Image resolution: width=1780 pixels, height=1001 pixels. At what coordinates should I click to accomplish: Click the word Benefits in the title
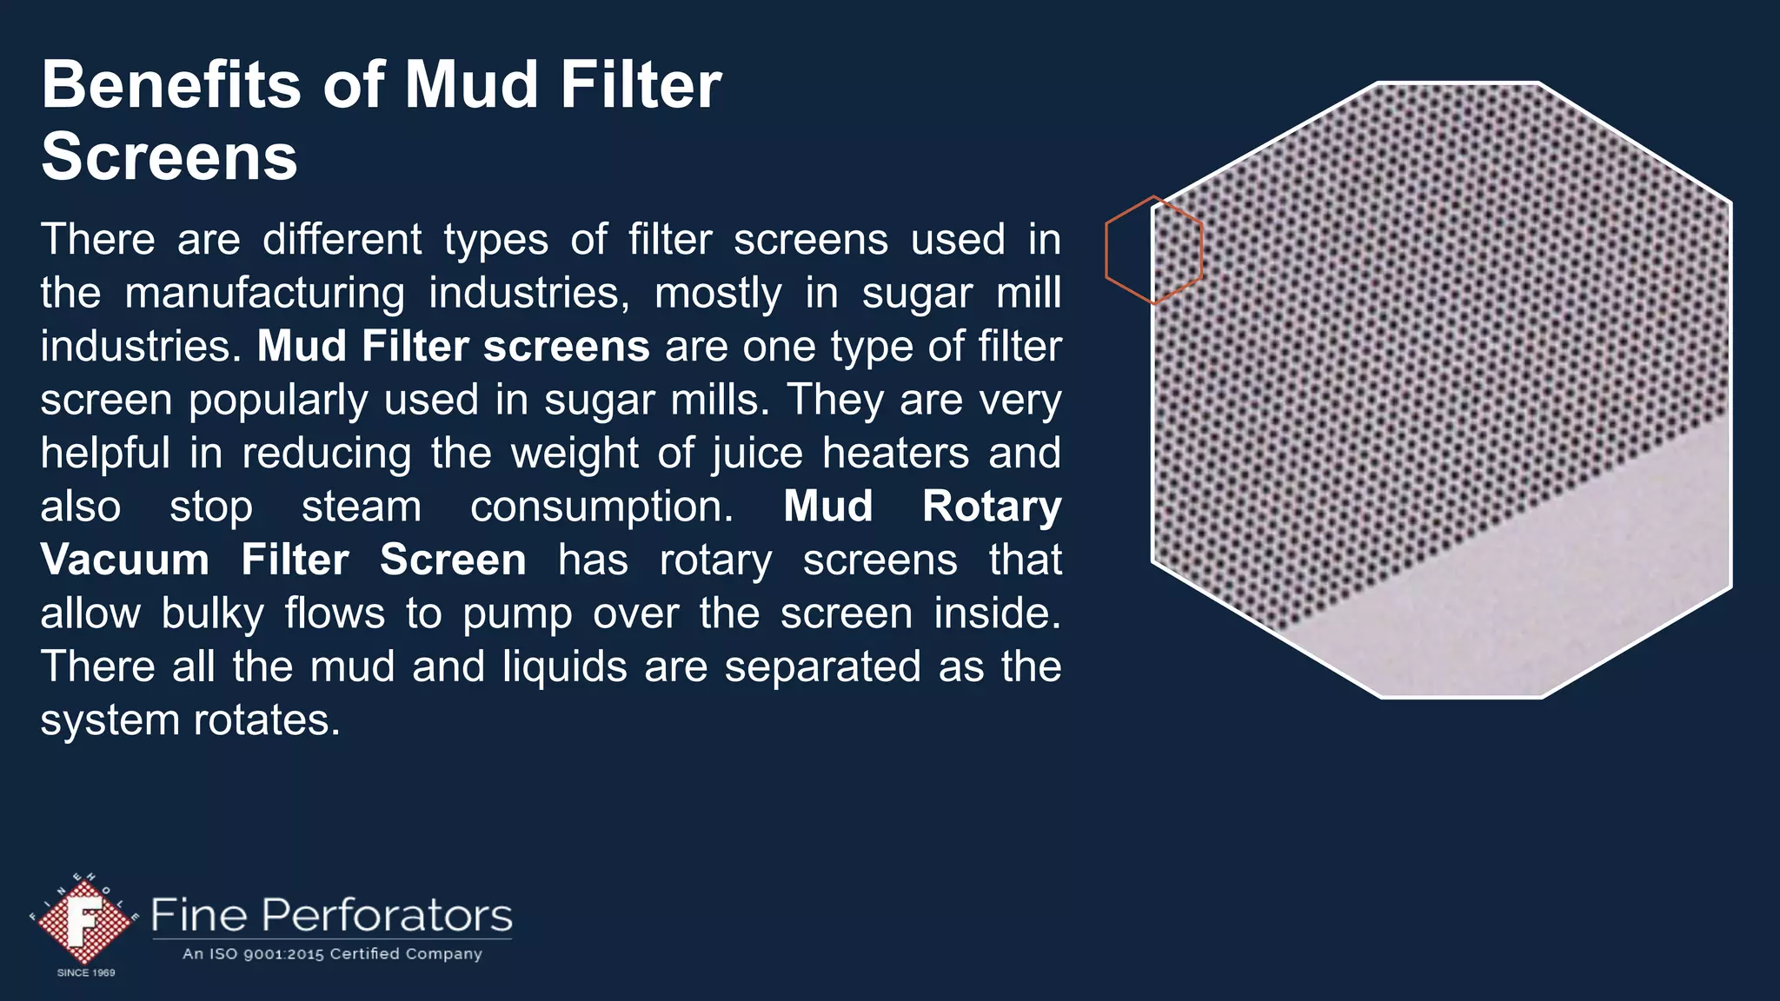(x=169, y=85)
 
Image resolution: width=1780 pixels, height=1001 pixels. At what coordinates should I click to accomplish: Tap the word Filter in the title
(x=641, y=85)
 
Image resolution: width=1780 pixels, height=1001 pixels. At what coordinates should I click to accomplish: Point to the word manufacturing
(x=264, y=294)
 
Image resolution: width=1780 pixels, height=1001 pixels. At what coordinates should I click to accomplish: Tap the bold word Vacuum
(x=124, y=560)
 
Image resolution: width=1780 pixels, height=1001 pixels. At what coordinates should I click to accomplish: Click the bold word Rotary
(x=991, y=507)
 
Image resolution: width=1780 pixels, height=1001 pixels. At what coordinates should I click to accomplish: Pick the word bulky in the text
(x=212, y=614)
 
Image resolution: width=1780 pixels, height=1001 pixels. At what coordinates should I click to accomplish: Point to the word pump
(x=516, y=614)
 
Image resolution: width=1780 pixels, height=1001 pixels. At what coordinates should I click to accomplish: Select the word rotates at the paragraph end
(x=266, y=720)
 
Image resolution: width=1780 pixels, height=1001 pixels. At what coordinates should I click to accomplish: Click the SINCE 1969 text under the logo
(x=86, y=973)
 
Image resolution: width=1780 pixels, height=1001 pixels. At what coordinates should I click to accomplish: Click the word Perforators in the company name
(x=387, y=916)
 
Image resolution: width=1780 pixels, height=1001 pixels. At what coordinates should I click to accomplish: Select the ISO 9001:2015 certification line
(x=332, y=954)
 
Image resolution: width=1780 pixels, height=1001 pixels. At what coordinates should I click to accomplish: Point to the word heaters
(x=894, y=454)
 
